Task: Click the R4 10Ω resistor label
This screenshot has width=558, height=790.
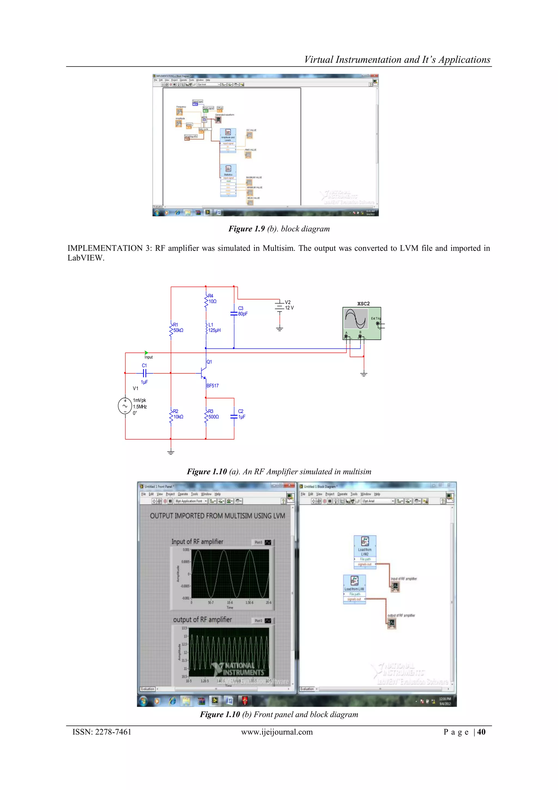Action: pyautogui.click(x=212, y=299)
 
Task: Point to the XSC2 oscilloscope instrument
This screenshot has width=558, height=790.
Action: pyautogui.click(x=362, y=323)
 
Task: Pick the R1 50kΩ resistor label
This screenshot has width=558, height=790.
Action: pyautogui.click(x=178, y=327)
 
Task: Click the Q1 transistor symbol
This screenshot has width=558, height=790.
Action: pyautogui.click(x=203, y=373)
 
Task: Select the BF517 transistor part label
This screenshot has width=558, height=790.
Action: pyautogui.click(x=212, y=386)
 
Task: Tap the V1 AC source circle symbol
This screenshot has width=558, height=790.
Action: pyautogui.click(x=125, y=406)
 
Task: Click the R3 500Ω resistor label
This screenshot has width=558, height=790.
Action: pyautogui.click(x=213, y=414)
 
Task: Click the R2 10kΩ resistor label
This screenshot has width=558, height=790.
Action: pyautogui.click(x=178, y=414)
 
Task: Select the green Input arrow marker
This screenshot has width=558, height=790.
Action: pyautogui.click(x=146, y=353)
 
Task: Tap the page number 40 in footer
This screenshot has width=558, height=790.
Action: pyautogui.click(x=481, y=732)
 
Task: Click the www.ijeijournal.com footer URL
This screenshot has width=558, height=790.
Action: pyautogui.click(x=277, y=732)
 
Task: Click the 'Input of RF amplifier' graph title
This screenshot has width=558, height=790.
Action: pyautogui.click(x=197, y=542)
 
